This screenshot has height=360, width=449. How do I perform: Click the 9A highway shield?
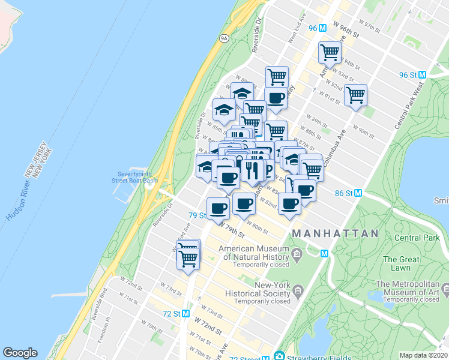coord(224,38)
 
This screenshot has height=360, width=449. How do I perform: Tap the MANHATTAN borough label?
coord(335,233)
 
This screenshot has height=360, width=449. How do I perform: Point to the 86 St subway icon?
coord(358,193)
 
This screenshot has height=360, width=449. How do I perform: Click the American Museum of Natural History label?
coord(255,253)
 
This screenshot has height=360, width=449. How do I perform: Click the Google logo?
coord(20,353)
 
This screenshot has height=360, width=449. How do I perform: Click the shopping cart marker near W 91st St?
coord(355,95)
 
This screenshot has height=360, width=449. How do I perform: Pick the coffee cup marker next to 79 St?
coord(218,208)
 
